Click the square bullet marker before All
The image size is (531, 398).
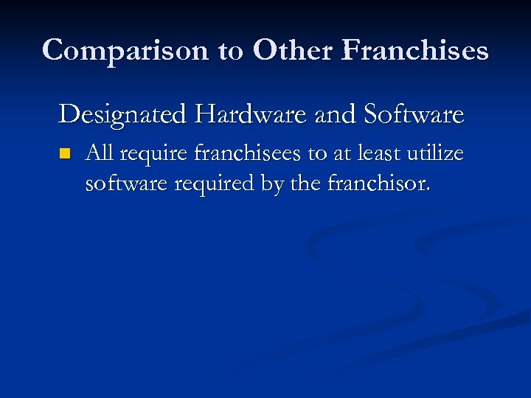click(x=64, y=154)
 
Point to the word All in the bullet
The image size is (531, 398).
click(x=100, y=153)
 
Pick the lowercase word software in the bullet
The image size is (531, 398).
click(x=127, y=184)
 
